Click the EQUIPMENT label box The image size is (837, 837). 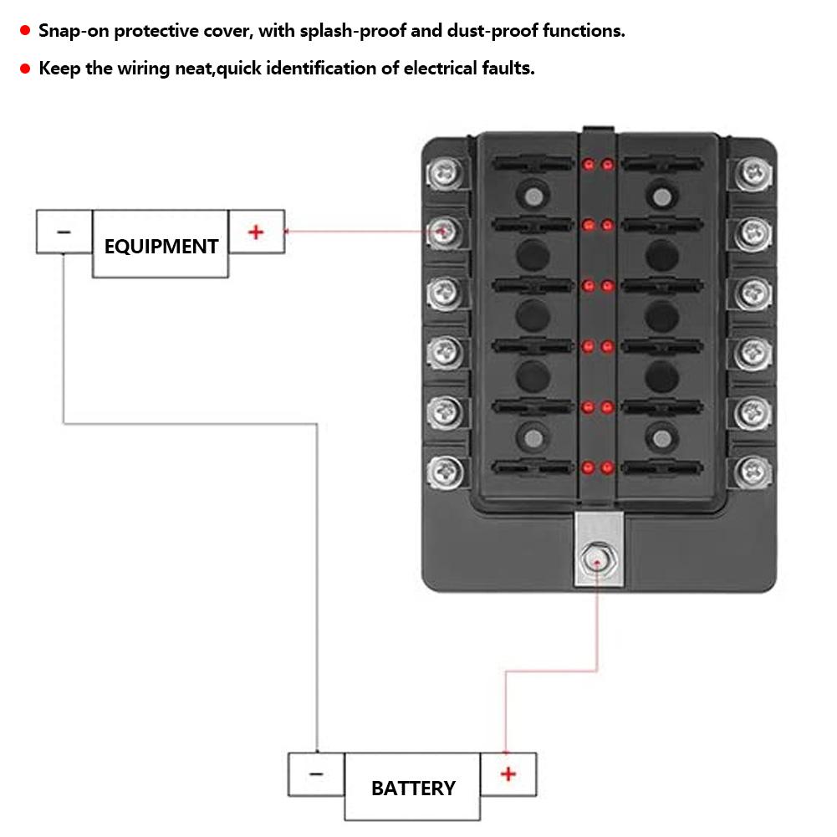click(161, 245)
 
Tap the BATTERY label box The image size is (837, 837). click(413, 788)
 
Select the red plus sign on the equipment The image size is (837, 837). click(256, 232)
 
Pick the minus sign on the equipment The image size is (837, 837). click(64, 232)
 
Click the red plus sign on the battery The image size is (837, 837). click(508, 774)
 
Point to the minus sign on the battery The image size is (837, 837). click(316, 774)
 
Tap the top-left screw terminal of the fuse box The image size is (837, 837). click(446, 174)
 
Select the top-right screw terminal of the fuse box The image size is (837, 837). click(753, 172)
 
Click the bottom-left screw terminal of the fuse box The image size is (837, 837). click(446, 472)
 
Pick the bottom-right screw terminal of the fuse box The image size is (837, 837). click(753, 472)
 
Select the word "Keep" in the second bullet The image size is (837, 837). click(60, 69)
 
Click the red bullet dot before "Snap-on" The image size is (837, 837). click(25, 32)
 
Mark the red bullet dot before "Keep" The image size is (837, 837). click(25, 69)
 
